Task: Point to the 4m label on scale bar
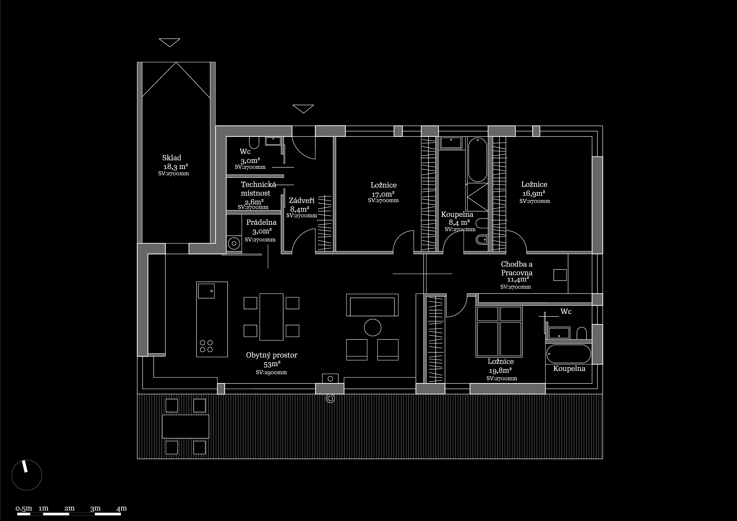click(122, 508)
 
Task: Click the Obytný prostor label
click(272, 355)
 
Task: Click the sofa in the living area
click(372, 305)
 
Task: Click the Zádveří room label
click(301, 201)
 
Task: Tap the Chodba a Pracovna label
click(517, 268)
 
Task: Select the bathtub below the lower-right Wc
click(568, 354)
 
